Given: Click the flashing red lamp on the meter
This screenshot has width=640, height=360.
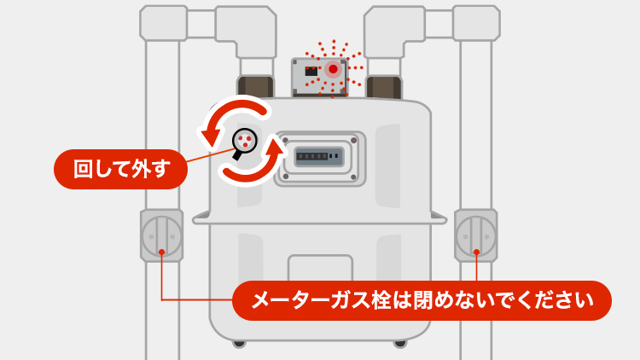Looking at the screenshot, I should pyautogui.click(x=333, y=68).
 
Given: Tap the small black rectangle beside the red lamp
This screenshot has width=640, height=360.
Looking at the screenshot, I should pyautogui.click(x=311, y=71).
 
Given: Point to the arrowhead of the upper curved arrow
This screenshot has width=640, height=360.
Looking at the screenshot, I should pyautogui.click(x=210, y=132).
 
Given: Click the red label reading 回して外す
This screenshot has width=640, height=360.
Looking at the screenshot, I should pyautogui.click(x=120, y=169).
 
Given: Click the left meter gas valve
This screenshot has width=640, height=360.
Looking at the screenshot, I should pyautogui.click(x=161, y=235).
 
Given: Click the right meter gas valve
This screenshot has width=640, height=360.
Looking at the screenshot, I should pyautogui.click(x=476, y=235).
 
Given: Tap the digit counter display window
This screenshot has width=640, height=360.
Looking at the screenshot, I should pyautogui.click(x=319, y=157).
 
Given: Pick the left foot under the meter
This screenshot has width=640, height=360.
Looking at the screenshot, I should pyautogui.click(x=238, y=344).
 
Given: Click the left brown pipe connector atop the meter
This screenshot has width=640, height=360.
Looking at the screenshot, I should pyautogui.click(x=254, y=86).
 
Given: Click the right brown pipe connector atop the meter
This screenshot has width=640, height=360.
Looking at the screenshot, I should pyautogui.click(x=385, y=86).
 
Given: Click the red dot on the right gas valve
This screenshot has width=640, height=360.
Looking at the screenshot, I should pyautogui.click(x=476, y=252).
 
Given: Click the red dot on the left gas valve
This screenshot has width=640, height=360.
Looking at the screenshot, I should pyautogui.click(x=161, y=252).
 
